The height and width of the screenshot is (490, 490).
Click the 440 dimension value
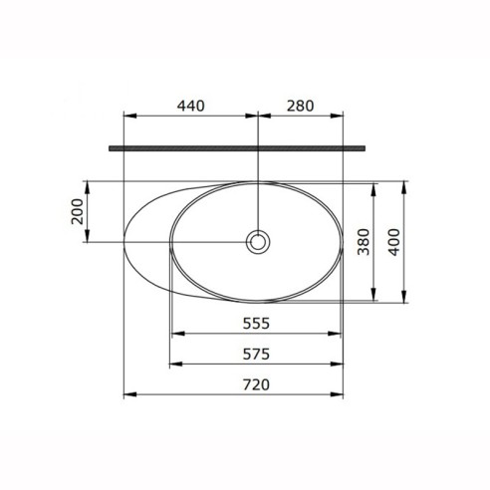[190, 106]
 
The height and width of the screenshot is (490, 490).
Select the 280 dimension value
[300, 106]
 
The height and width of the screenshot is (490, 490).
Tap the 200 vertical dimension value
[77, 211]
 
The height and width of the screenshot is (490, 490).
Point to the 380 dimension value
[364, 242]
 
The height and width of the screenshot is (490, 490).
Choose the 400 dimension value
[394, 242]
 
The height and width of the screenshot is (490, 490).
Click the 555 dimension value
[256, 323]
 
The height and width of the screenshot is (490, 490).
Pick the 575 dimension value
[256, 354]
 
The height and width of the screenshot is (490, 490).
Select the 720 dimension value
[256, 384]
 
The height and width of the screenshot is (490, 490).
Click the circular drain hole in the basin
[258, 242]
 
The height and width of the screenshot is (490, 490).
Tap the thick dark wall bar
[237, 148]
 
